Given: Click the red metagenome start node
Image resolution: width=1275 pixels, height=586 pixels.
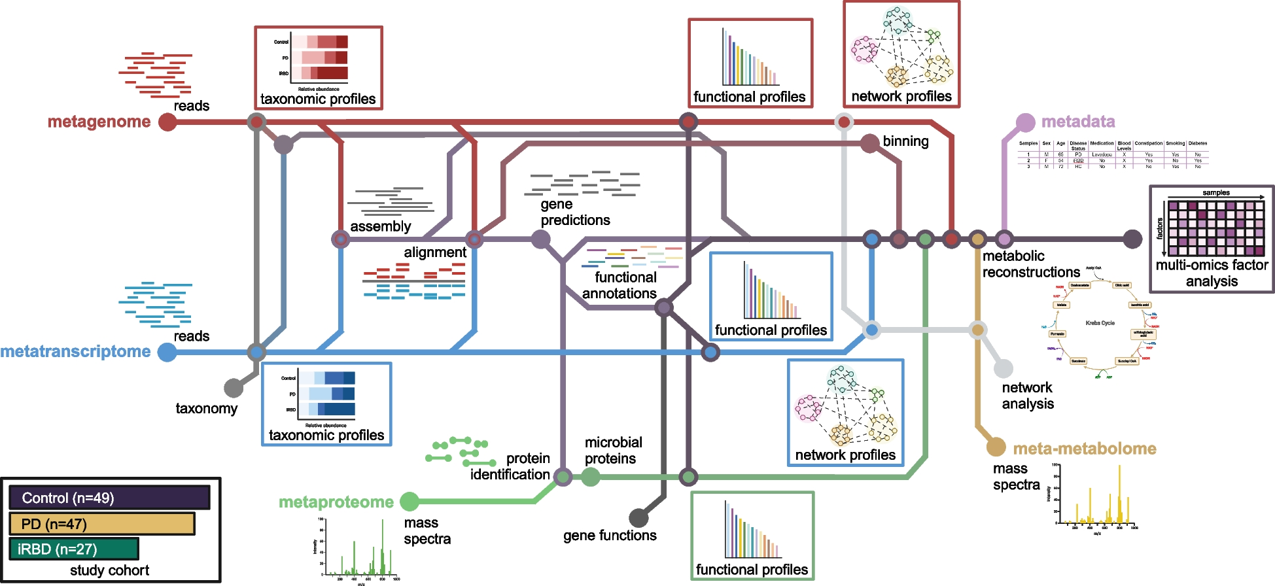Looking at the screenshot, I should (167, 122).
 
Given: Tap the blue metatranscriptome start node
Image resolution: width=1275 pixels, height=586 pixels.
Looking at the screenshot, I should (167, 352).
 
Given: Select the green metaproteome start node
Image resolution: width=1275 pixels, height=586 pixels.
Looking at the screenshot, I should (410, 502).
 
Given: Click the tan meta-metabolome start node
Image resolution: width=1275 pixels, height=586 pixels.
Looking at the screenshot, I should (996, 447).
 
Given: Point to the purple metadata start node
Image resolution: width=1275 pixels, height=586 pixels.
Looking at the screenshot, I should (1025, 122).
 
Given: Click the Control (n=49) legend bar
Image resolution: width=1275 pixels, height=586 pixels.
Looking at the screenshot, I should (109, 498).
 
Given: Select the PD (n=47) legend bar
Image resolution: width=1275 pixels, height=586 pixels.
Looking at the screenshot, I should (102, 524).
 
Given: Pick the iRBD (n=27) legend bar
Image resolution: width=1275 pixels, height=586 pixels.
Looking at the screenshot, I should (74, 549).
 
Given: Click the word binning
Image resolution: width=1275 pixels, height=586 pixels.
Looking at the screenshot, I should (905, 141).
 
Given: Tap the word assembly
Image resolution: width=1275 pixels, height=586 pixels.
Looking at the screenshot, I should (381, 227).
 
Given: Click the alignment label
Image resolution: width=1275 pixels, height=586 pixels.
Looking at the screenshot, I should (435, 252).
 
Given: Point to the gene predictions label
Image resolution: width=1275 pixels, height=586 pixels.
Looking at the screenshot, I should (575, 213).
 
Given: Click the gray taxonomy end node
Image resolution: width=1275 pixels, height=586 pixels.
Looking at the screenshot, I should (234, 388).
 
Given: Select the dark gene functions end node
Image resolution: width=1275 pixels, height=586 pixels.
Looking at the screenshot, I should (638, 518).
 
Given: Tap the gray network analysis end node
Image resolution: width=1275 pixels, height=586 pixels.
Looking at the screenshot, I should (1004, 369).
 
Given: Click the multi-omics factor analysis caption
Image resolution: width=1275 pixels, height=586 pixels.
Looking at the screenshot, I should (1212, 273).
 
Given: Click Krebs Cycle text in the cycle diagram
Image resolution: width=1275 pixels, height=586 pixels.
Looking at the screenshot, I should (1100, 323).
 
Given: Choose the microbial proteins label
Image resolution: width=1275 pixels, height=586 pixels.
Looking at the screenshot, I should (613, 451).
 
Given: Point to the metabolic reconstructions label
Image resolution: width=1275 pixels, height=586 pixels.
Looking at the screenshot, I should (1031, 264).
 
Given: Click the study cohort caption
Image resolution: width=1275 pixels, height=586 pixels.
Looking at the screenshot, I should (109, 570).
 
